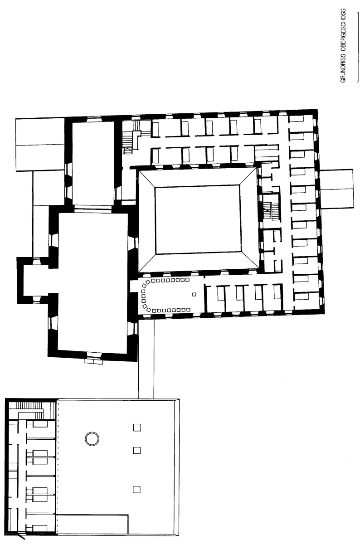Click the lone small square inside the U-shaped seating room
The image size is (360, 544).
pos(194,294)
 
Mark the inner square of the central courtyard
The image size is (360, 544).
pos(198,220)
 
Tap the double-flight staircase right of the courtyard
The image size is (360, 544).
pos(271,211)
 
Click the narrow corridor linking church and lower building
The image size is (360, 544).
pos(146,359)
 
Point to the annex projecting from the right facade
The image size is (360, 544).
pos(337,189)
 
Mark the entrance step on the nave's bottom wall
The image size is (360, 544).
pos(93,362)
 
